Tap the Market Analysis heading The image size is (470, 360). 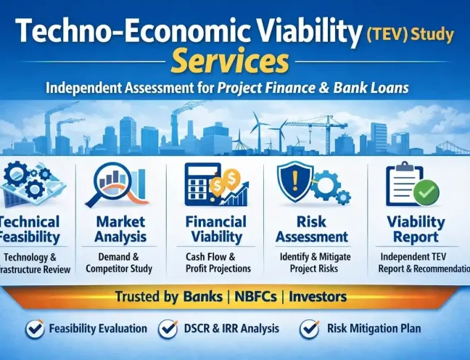(x=120, y=229)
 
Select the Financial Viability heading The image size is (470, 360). (x=215, y=229)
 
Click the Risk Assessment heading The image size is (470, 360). (x=312, y=229)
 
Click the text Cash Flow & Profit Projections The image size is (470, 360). (x=214, y=263)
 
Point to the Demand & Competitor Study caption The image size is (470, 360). (x=120, y=263)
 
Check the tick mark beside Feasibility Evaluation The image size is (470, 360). (x=34, y=329)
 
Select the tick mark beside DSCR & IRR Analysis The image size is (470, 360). (x=168, y=329)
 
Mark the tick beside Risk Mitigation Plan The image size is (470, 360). (x=310, y=329)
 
